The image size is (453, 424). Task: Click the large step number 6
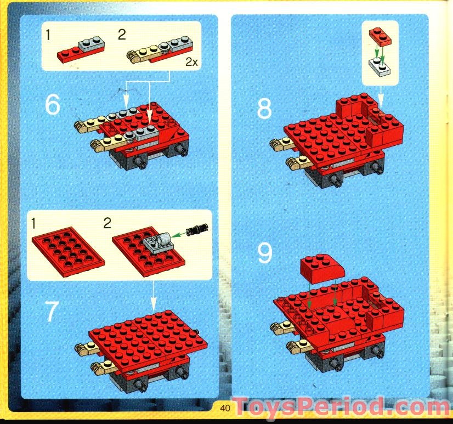52,105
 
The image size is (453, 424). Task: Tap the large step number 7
50,312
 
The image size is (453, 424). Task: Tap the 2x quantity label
191,63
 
